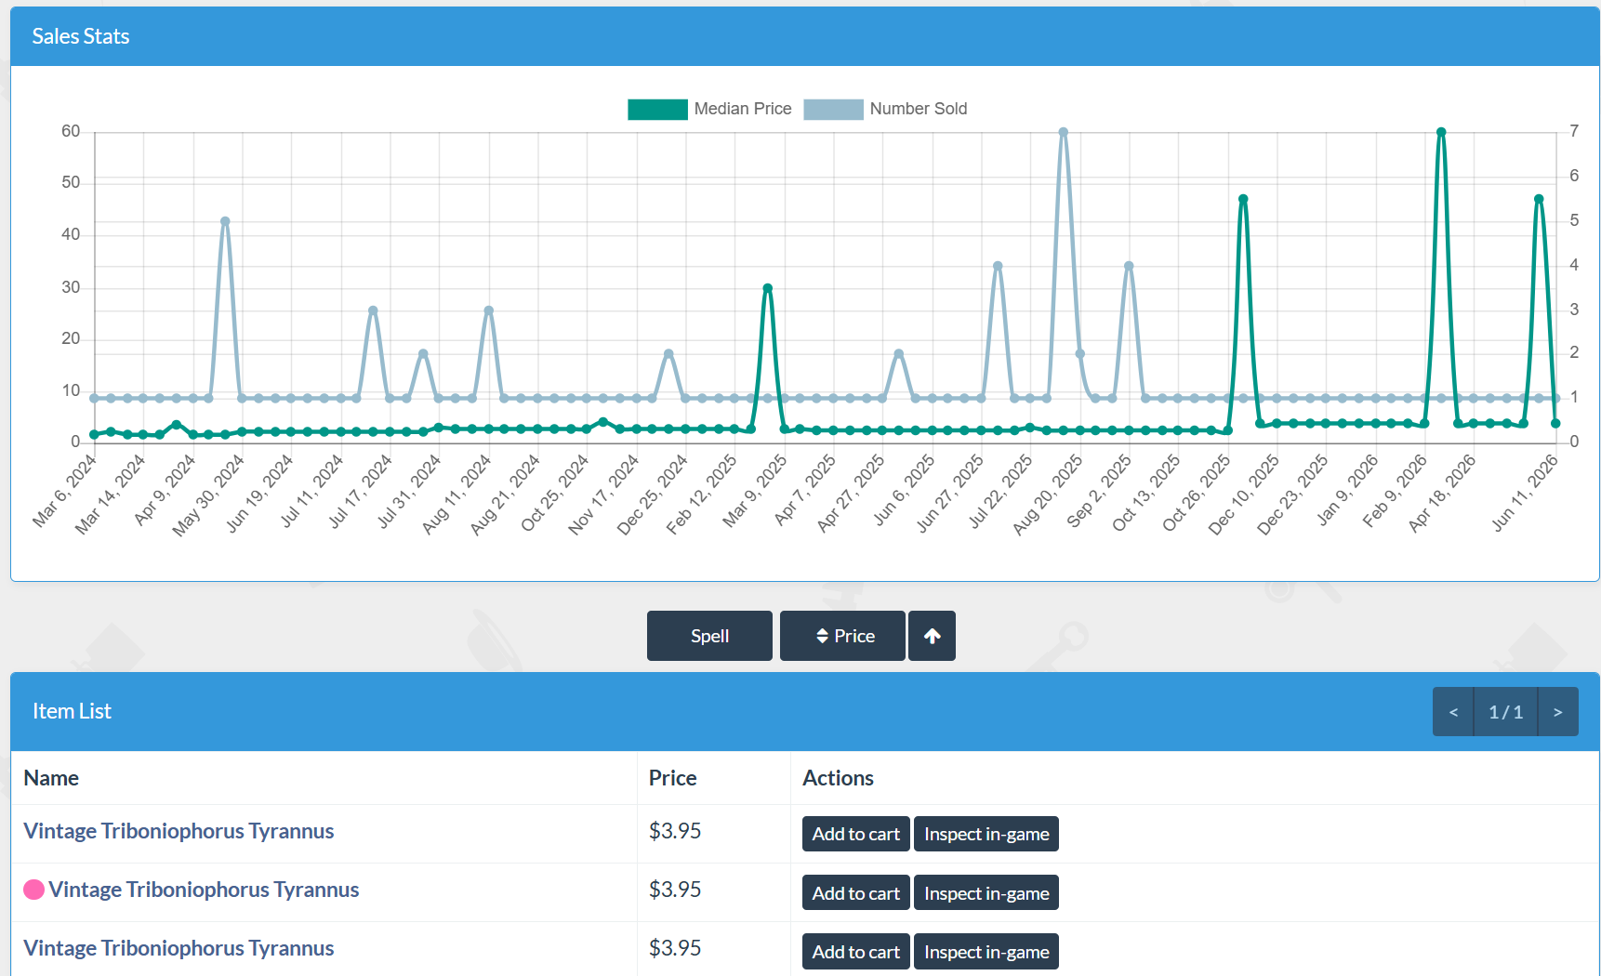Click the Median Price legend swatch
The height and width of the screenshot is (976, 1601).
point(657,109)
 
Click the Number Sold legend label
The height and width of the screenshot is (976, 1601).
point(919,109)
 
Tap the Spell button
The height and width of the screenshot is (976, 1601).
point(709,636)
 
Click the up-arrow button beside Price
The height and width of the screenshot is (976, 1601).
point(932,636)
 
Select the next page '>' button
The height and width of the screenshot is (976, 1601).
point(1558,712)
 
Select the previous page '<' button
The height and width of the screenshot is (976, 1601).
point(1453,712)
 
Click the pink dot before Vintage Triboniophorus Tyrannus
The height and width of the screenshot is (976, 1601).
point(34,890)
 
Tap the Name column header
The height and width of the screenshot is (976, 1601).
point(51,778)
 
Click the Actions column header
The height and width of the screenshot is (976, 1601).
point(838,778)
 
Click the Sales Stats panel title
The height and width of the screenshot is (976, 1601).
point(81,36)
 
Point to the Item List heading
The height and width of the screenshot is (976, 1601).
point(72,711)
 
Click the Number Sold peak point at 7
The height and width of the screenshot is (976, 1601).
point(1063,132)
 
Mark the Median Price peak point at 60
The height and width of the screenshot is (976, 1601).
point(1441,132)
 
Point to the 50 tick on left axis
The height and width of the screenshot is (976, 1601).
point(71,182)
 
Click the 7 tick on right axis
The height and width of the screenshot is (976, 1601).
point(1574,131)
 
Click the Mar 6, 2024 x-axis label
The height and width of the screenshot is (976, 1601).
point(65,491)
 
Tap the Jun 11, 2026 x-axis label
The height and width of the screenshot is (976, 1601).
point(1525,493)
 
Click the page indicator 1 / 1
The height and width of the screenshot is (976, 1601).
point(1506,712)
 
